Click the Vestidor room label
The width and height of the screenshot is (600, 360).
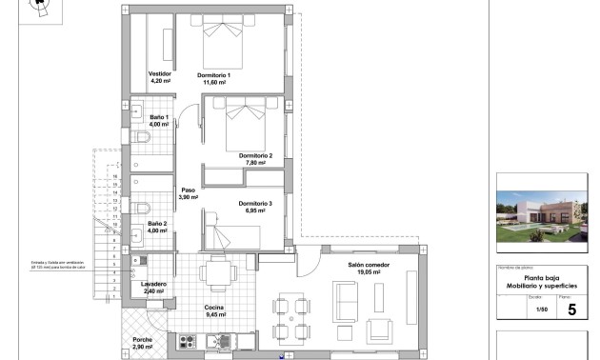[x=159, y=73]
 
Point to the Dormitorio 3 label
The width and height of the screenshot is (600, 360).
[x=255, y=203]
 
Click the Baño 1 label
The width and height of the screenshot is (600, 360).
[x=158, y=116]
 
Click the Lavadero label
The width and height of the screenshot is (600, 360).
[x=154, y=283]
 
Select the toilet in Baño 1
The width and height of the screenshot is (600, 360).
[x=144, y=139]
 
